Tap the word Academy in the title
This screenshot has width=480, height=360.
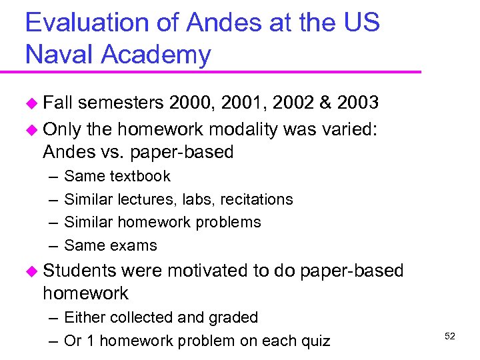(156, 55)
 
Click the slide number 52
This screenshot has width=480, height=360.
(449, 336)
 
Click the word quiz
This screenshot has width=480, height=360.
(315, 341)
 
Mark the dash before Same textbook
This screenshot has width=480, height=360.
(52, 177)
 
